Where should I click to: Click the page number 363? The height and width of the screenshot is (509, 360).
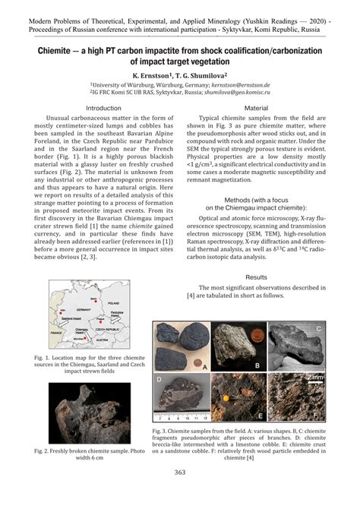(180, 495)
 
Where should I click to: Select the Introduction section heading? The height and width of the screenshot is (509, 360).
(103, 109)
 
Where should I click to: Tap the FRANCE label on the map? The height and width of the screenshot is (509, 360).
(55, 331)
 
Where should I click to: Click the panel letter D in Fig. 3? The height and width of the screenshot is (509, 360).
(159, 378)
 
